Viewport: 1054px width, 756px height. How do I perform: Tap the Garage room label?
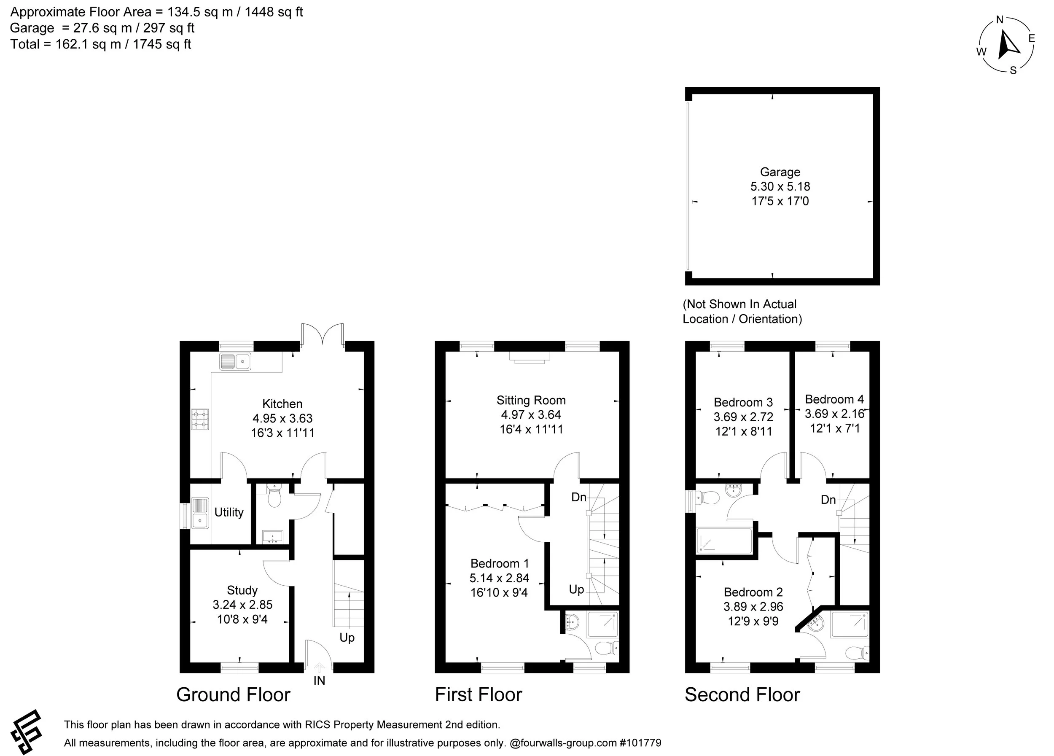pos(780,172)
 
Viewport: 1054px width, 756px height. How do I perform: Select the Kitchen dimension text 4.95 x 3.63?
pos(282,418)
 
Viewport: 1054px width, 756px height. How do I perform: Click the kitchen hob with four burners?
pos(199,419)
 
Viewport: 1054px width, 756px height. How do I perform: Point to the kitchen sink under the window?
pos(235,361)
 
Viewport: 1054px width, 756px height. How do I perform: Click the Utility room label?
pos(229,512)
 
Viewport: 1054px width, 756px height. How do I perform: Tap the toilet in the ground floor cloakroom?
pos(274,498)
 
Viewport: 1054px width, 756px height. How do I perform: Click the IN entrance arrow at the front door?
pos(319,669)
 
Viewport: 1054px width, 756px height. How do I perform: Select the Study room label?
pos(242,590)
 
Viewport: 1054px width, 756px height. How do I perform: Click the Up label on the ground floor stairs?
pos(347,638)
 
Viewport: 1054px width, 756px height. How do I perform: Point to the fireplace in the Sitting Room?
pos(530,357)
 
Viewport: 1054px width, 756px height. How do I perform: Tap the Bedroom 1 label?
pos(499,564)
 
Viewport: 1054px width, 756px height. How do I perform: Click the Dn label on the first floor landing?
pos(578,497)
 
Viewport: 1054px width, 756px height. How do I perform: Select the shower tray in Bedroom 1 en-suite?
pos(603,624)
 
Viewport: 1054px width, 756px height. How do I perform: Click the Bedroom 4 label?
pos(834,399)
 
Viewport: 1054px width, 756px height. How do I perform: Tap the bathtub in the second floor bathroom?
pos(723,541)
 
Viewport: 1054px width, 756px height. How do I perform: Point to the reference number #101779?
pos(640,743)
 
